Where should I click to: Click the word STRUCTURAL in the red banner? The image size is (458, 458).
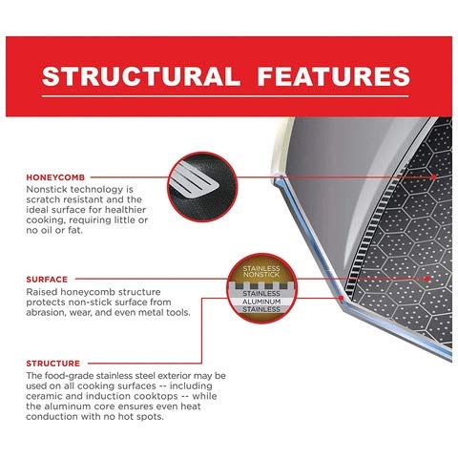coord(140,76)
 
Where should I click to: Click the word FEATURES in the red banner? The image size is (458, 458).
coord(334,76)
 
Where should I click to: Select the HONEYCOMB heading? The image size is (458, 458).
coord(55,177)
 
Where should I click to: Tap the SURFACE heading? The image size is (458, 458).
coord(47,280)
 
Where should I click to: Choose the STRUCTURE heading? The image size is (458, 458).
coord(52,364)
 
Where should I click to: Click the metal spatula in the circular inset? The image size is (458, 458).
coord(194,180)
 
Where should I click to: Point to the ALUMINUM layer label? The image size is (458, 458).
coord(261,302)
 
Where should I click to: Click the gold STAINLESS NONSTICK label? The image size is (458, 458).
coord(261,271)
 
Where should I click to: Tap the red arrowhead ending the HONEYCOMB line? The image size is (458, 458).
coord(434,177)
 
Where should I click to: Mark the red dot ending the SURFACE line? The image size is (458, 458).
coord(427,279)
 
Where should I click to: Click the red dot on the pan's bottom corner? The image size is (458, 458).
coord(341,298)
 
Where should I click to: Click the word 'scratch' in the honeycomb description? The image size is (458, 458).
coord(43,199)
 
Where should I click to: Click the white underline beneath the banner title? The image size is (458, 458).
coord(225,96)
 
